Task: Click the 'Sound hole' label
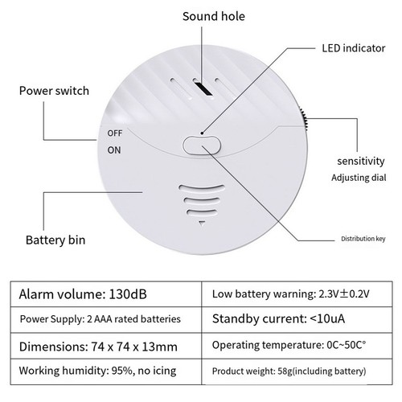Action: (214, 16)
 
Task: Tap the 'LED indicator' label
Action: (354, 48)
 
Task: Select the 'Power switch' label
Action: (54, 91)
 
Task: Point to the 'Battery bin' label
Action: (55, 240)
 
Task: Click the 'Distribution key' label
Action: (363, 239)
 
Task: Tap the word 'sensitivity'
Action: (361, 161)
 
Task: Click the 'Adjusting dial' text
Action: (359, 178)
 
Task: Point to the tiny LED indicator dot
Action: (203, 133)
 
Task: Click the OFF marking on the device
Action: (115, 133)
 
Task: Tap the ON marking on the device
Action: (114, 150)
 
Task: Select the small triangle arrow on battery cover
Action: (202, 223)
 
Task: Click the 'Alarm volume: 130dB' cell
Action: (106, 294)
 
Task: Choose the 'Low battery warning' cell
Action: (297, 294)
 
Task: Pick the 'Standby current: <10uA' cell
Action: (297, 320)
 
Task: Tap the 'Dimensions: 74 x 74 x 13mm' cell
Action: (106, 346)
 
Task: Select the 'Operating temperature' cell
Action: (297, 346)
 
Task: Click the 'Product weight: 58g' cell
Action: (297, 371)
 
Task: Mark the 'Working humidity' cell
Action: (106, 371)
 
